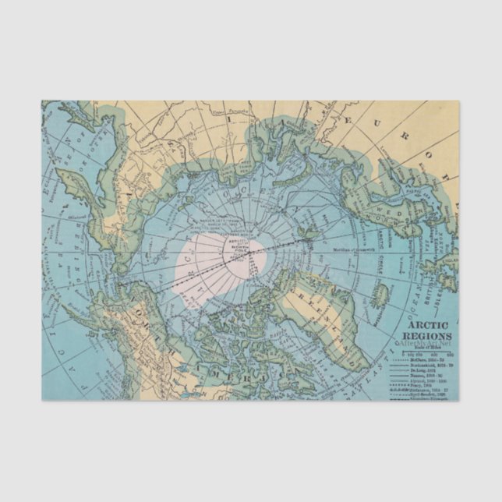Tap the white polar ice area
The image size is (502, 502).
(x=210, y=265)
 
